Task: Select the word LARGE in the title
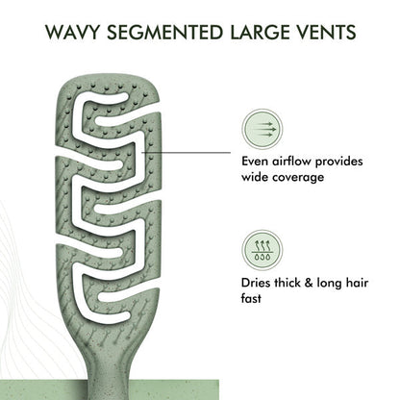click(262, 32)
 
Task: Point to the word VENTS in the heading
click(329, 32)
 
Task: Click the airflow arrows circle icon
click(262, 130)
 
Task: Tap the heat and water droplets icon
click(262, 250)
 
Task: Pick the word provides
click(339, 162)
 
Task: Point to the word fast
click(251, 299)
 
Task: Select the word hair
click(357, 283)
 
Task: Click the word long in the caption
click(329, 284)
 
